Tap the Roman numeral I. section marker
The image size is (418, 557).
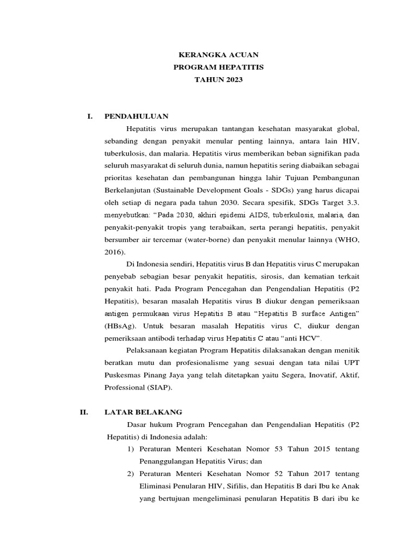point(90,116)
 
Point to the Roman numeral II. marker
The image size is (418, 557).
point(84,412)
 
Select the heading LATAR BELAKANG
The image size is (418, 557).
point(143,412)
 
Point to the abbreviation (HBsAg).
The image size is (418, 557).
point(121,326)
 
